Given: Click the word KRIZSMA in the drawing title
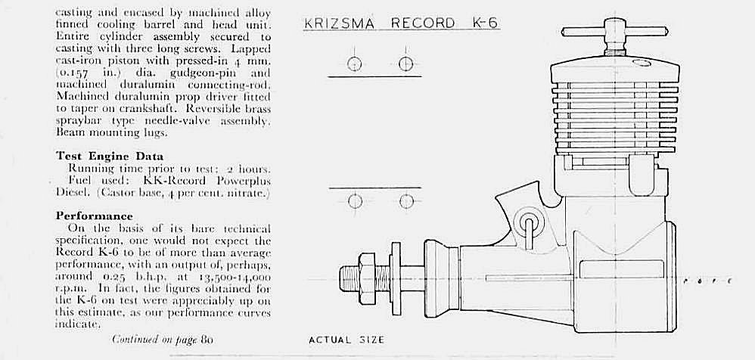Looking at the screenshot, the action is (339, 23).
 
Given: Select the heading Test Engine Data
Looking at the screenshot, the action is (109, 157).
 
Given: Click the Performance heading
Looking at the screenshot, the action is (94, 216).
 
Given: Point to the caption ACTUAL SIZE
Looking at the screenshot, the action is (346, 340).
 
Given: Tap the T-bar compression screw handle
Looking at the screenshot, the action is (615, 32).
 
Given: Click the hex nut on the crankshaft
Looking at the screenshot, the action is (368, 278).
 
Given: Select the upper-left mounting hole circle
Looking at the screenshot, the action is (354, 64).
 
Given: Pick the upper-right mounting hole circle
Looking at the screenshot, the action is (406, 64).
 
